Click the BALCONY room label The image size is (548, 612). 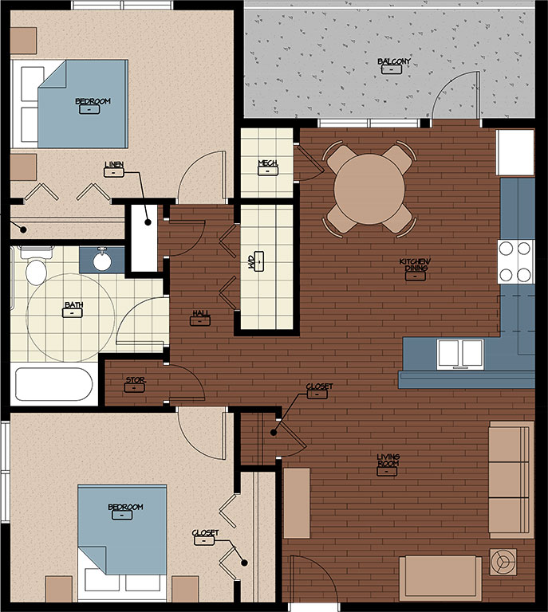point(394,61)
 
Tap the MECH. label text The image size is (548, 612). point(268,163)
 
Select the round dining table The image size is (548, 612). point(369,189)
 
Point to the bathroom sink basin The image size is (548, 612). point(102,261)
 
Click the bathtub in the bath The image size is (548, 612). point(54,384)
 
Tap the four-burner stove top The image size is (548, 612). point(516,261)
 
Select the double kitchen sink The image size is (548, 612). point(460,354)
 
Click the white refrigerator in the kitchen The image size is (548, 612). point(515,153)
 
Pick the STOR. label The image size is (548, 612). point(135,380)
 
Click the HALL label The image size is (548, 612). point(201,313)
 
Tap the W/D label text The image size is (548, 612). point(251,261)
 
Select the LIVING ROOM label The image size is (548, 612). point(388,460)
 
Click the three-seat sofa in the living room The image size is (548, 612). point(511,480)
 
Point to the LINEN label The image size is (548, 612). point(114,165)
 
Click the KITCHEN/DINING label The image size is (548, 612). point(415,265)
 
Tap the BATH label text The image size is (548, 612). point(74,305)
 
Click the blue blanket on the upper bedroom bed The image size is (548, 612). point(83,104)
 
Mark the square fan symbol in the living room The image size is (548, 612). point(503,562)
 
